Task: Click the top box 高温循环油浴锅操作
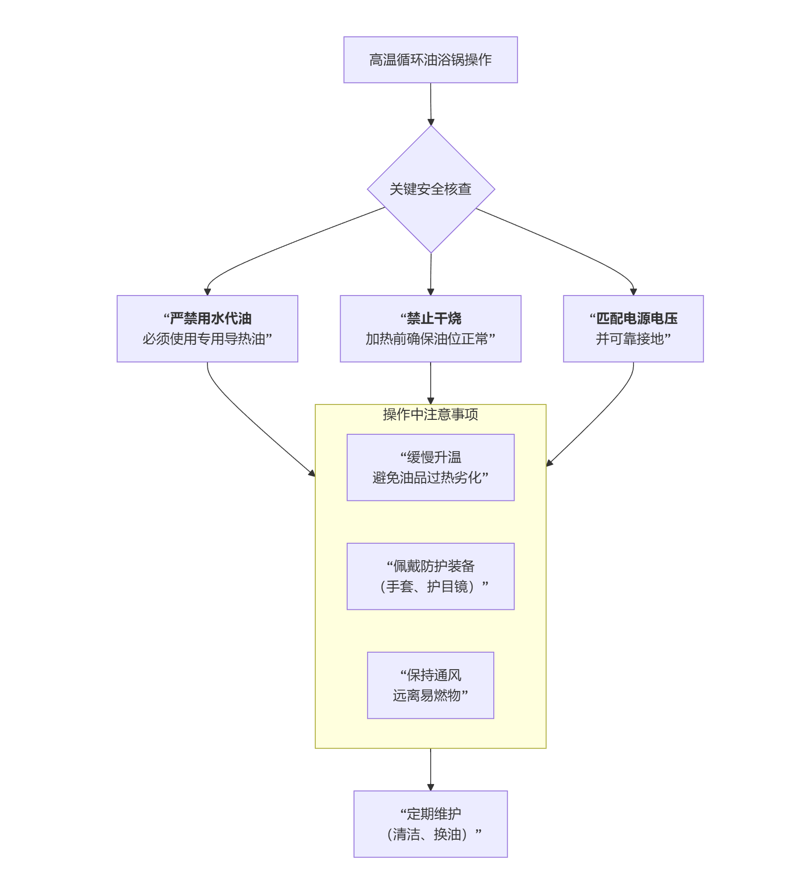coord(430,60)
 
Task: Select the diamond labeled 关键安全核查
coord(431,189)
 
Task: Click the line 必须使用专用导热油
coord(207,339)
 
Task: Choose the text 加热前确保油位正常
coord(431,339)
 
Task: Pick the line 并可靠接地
coord(633,339)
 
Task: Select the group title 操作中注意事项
coord(431,414)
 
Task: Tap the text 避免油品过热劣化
coord(431,478)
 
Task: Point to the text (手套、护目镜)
coord(431,587)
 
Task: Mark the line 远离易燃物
coord(431,695)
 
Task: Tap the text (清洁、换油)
coord(431,834)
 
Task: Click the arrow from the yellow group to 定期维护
coord(431,769)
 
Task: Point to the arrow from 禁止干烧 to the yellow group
coord(431,383)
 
